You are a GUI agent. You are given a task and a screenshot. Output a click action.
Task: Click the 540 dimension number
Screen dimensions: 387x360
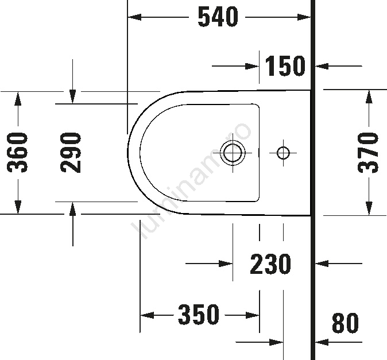point(218,17)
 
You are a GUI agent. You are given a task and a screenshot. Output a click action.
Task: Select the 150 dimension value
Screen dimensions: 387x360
point(285,66)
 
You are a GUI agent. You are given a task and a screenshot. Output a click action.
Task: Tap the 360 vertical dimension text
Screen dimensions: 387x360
point(17,153)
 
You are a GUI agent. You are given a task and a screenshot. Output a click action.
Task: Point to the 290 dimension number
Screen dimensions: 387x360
point(71,153)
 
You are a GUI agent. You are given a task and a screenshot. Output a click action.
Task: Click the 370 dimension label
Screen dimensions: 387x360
point(368,153)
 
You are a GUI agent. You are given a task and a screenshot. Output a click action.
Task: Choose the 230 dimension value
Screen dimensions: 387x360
point(270,264)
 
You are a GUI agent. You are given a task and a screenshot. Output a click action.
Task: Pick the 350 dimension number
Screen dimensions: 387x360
point(199,315)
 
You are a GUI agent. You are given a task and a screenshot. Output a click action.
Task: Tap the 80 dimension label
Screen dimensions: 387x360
point(345,323)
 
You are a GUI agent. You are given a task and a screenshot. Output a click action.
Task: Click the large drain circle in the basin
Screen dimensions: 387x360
point(233,153)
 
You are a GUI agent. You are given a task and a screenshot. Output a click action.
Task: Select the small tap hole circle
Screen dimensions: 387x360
point(283,153)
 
